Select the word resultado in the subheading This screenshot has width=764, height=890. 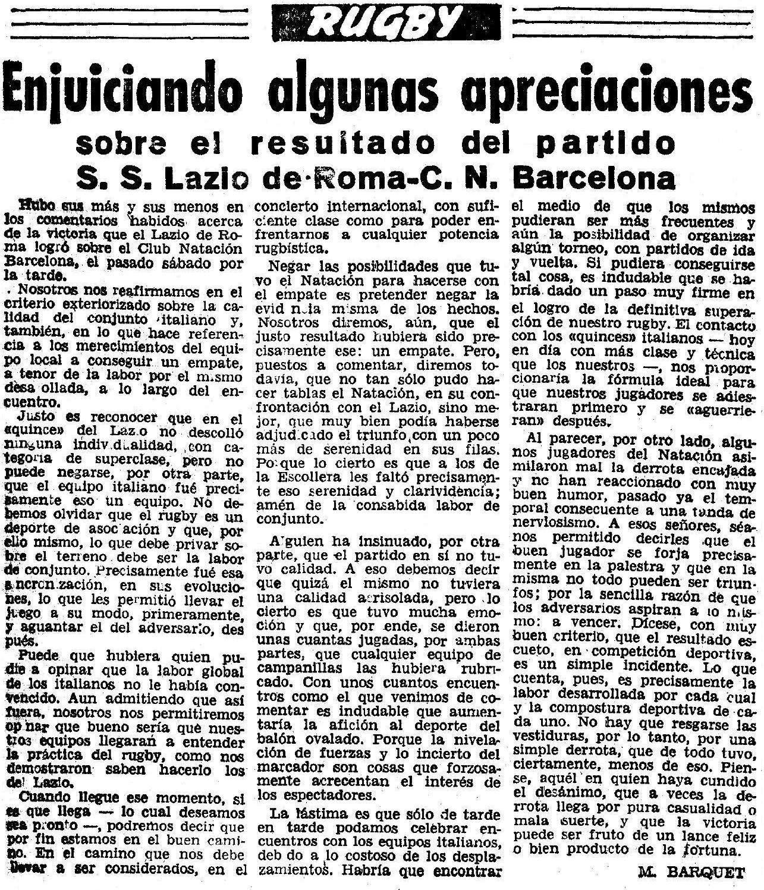point(381,143)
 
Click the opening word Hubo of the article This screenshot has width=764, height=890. point(37,207)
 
